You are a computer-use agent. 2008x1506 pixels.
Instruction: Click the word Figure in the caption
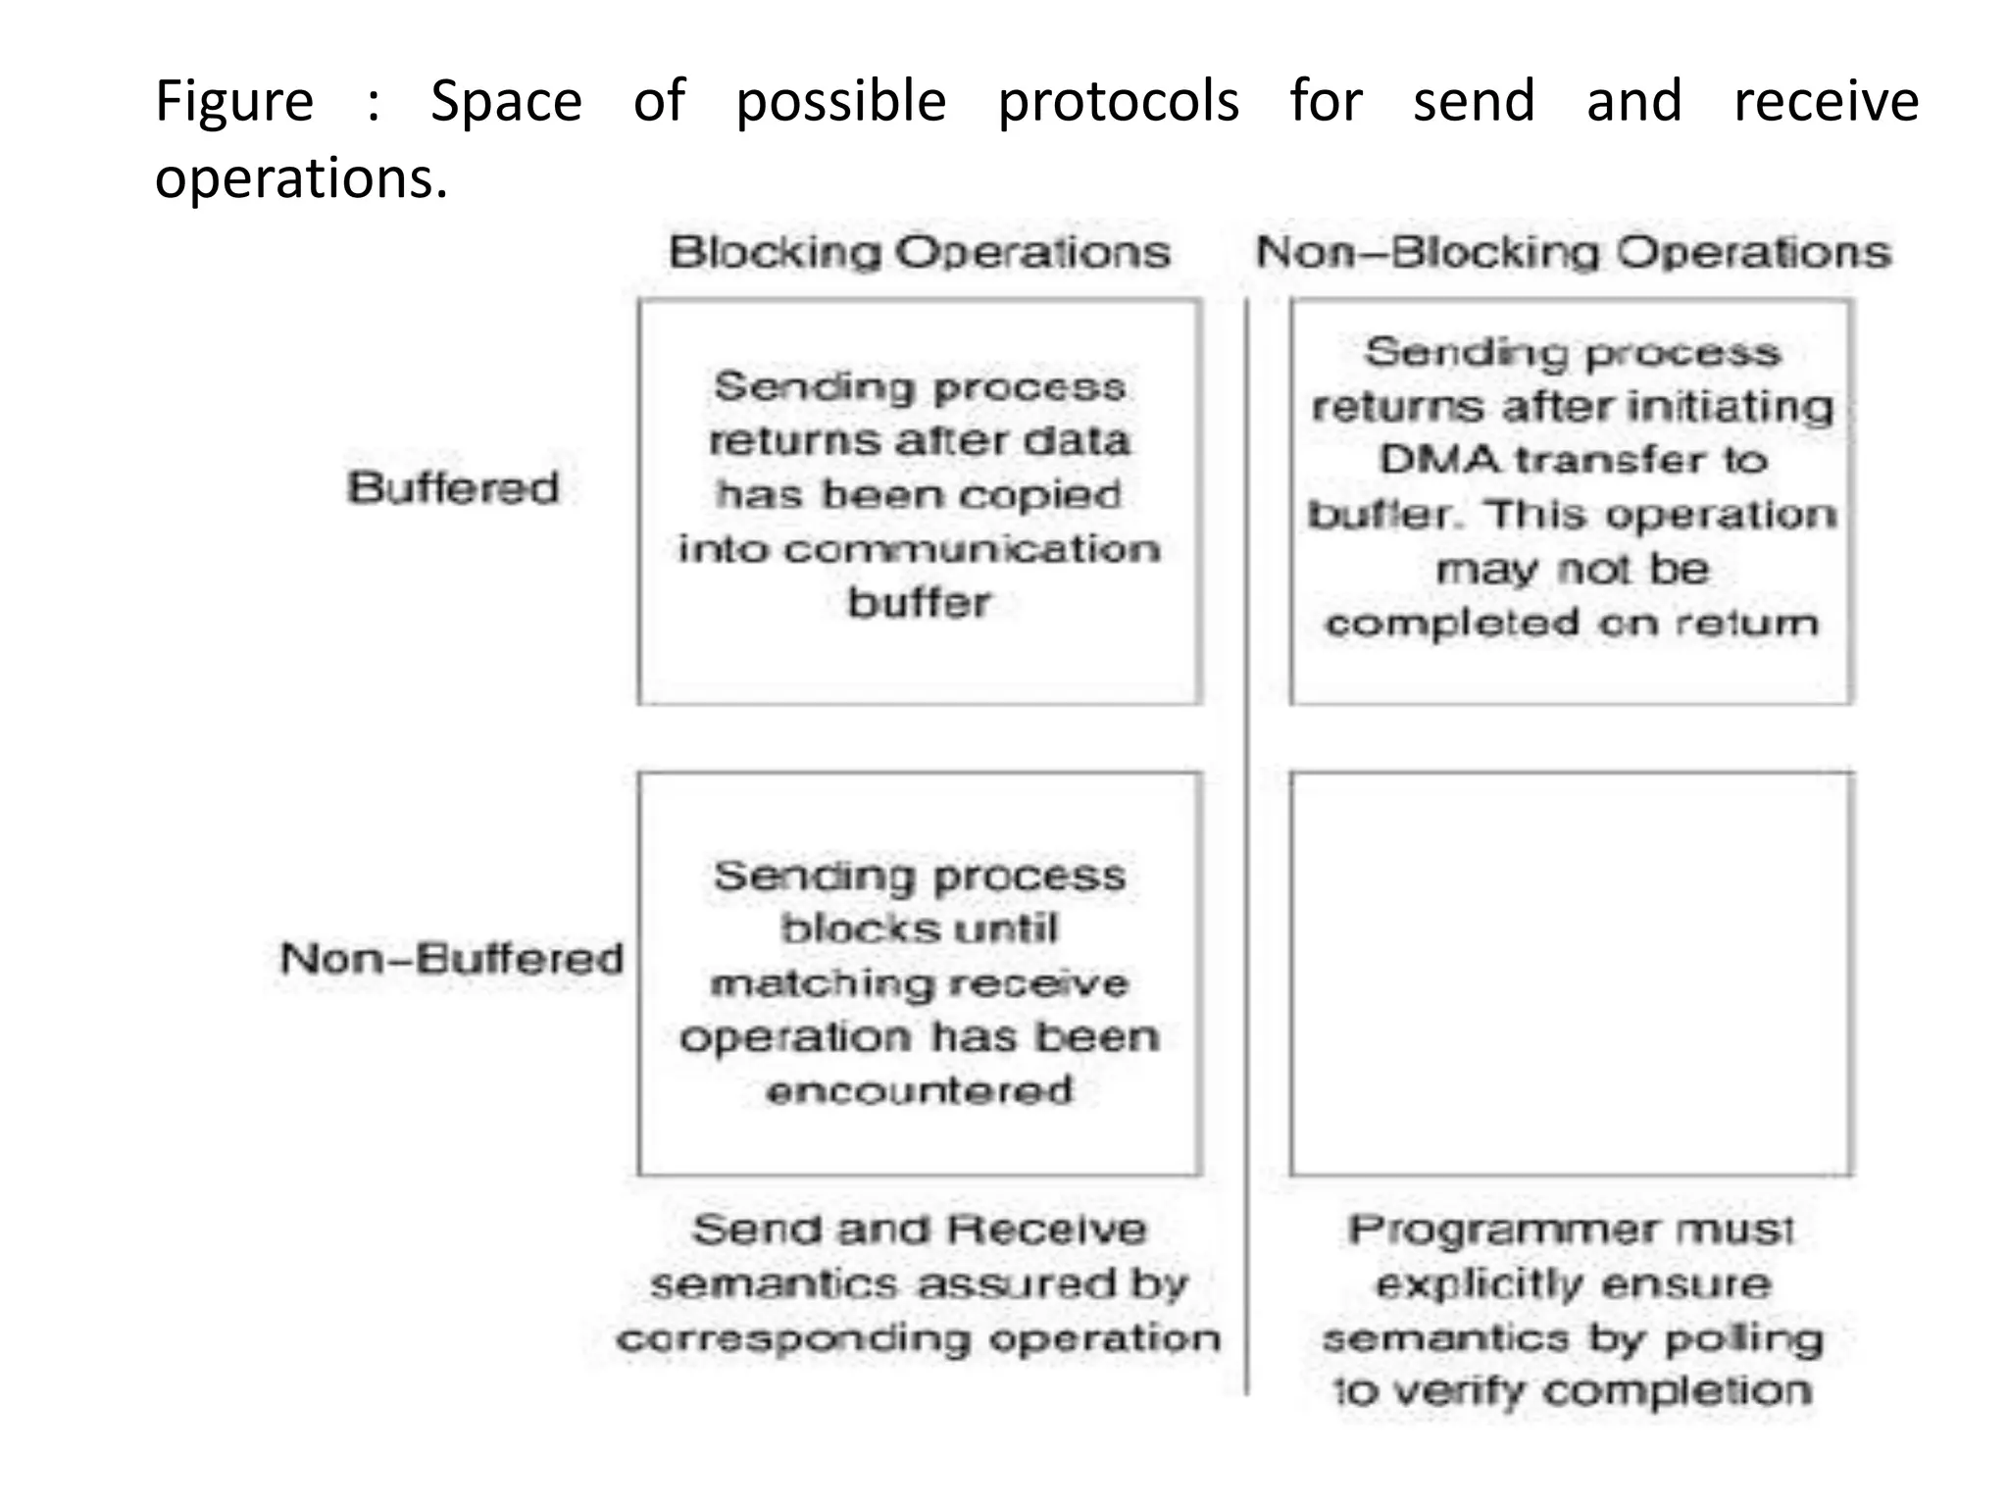point(234,102)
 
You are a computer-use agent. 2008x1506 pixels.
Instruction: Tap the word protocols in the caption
point(1118,102)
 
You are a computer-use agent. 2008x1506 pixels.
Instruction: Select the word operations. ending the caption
point(301,179)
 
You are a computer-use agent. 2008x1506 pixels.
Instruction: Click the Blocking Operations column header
point(919,253)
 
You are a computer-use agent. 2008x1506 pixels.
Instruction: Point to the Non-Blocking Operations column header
point(1573,253)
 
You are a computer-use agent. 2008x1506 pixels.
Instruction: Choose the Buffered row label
point(453,488)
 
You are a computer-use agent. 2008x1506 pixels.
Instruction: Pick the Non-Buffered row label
point(452,958)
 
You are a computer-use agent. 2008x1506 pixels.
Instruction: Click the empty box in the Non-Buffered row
point(1571,974)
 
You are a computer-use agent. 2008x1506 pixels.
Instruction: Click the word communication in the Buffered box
point(971,549)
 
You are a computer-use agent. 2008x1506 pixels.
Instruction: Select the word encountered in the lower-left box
point(919,1090)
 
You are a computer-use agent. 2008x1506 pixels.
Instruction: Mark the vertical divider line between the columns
point(1246,843)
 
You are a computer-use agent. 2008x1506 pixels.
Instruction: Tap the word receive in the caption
point(1826,102)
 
